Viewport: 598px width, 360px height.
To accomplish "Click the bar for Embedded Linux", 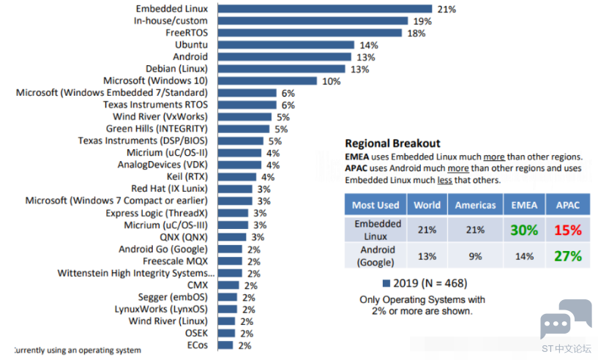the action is point(325,9).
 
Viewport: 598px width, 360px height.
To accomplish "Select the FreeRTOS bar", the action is point(310,33).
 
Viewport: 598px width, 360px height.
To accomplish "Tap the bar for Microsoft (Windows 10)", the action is point(267,80).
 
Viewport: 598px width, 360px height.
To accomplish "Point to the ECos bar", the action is point(225,345).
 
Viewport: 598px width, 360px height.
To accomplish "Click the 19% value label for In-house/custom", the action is point(422,21).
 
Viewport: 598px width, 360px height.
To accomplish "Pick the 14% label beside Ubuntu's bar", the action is point(369,45).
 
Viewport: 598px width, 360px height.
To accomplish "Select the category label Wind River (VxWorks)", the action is point(160,116).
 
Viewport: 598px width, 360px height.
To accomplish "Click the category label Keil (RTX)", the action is point(187,176).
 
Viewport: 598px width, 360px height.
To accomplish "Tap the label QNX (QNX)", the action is point(184,237).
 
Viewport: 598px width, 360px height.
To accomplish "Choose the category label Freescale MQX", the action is point(176,261).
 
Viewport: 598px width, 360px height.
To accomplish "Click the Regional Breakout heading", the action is point(392,143).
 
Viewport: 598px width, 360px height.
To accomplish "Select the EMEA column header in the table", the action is point(524,205).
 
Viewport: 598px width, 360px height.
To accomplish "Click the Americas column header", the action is point(476,205).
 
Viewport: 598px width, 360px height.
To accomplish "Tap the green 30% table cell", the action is point(524,230).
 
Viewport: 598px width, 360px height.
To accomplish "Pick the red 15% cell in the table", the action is point(568,230).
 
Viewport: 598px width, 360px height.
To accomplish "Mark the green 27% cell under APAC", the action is point(568,256).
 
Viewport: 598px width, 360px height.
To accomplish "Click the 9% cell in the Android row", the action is point(475,256).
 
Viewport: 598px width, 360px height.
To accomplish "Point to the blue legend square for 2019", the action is point(386,283).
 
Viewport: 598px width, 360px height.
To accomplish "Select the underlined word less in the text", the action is point(444,180).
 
